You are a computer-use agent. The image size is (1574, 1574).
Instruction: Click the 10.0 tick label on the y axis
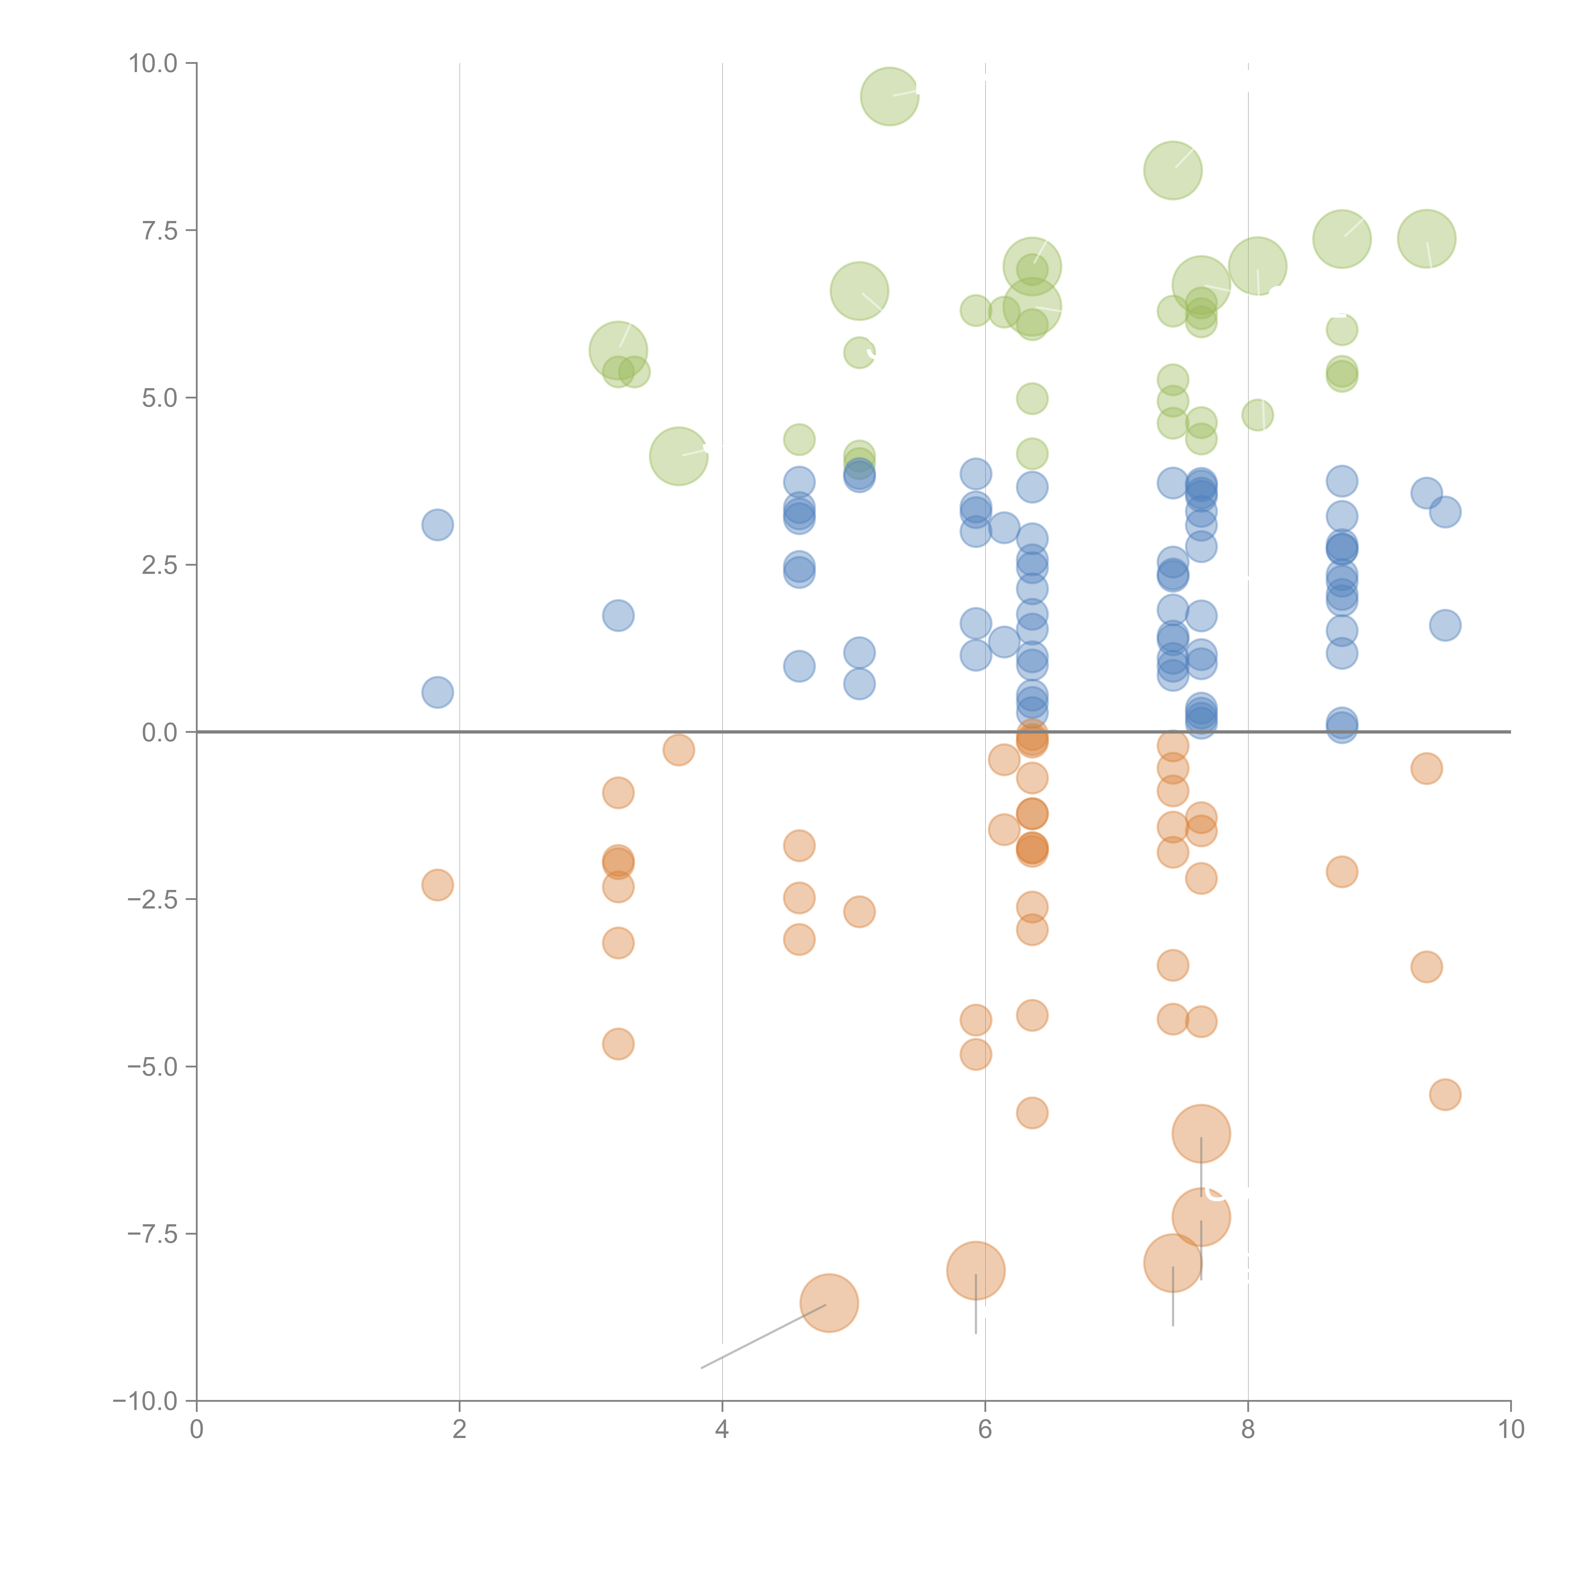click(153, 64)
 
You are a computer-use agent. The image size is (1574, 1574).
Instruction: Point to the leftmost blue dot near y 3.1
click(438, 525)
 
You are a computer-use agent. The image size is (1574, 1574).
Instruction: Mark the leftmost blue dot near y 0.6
click(438, 693)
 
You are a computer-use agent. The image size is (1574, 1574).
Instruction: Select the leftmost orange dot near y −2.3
click(438, 885)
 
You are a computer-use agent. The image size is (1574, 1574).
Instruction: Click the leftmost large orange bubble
click(829, 1303)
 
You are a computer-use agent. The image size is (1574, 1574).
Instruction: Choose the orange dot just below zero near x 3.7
click(679, 750)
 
